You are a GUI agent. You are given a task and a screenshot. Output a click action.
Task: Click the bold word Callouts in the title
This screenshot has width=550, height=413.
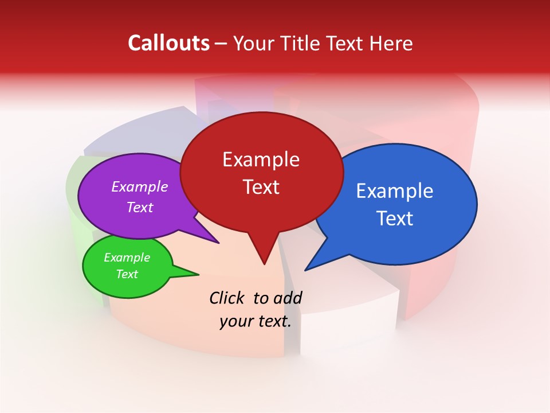(x=168, y=43)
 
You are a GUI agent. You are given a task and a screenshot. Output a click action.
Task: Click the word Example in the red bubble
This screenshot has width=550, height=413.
(x=261, y=159)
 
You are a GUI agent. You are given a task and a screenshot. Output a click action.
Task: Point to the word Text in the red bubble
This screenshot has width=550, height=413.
(x=261, y=187)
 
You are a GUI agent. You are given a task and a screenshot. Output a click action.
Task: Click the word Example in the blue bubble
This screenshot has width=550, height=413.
(x=395, y=191)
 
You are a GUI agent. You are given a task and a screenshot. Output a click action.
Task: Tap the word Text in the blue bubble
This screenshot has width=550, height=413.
(x=395, y=219)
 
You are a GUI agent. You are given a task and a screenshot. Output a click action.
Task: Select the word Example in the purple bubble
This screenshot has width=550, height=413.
(x=139, y=186)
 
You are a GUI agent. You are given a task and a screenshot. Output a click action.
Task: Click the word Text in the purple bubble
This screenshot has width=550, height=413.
(x=139, y=207)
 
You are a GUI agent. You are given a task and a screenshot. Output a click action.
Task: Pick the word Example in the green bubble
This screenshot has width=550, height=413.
(x=127, y=258)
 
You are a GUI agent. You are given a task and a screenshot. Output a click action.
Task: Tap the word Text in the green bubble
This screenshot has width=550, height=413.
(x=127, y=274)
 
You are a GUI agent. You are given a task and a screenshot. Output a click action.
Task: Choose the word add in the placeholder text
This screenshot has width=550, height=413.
(x=288, y=298)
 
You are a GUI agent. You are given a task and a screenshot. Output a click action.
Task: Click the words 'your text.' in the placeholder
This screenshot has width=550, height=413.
(x=256, y=321)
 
